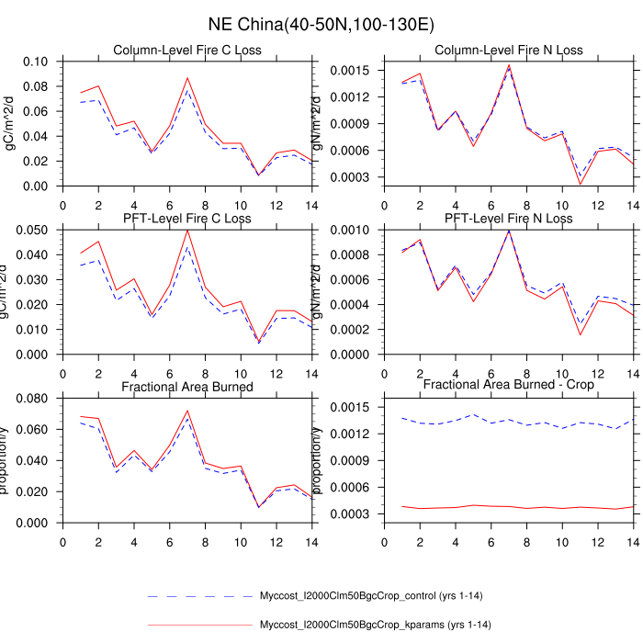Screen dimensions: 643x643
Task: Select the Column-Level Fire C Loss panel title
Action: pyautogui.click(x=187, y=50)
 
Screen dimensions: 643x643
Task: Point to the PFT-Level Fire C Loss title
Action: pyautogui.click(x=187, y=218)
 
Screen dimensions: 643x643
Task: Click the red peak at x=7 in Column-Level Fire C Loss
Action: pyautogui.click(x=187, y=78)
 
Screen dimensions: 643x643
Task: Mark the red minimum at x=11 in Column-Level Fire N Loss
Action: pyautogui.click(x=581, y=184)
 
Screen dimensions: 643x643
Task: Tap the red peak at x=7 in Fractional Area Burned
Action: pyautogui.click(x=187, y=411)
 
